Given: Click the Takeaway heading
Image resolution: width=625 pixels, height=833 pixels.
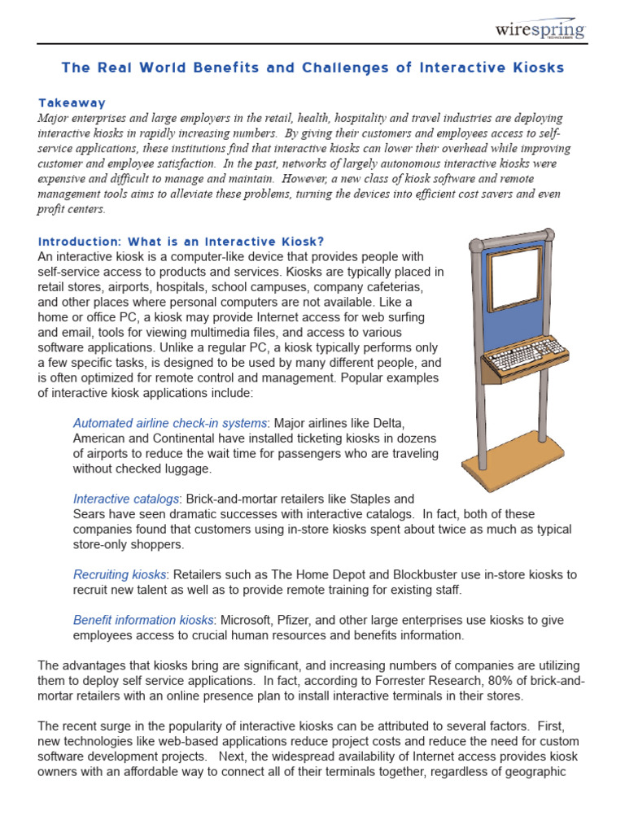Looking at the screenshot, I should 72,102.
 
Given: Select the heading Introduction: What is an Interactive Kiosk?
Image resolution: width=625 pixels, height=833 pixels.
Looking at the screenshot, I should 181,241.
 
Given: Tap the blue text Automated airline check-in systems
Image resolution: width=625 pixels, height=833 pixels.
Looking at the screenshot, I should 170,423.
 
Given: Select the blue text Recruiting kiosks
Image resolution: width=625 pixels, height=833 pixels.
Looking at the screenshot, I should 120,574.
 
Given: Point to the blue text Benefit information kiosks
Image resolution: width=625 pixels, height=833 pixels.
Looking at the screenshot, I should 143,620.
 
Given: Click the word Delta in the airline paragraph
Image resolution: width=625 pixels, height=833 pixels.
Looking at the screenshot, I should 387,423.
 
